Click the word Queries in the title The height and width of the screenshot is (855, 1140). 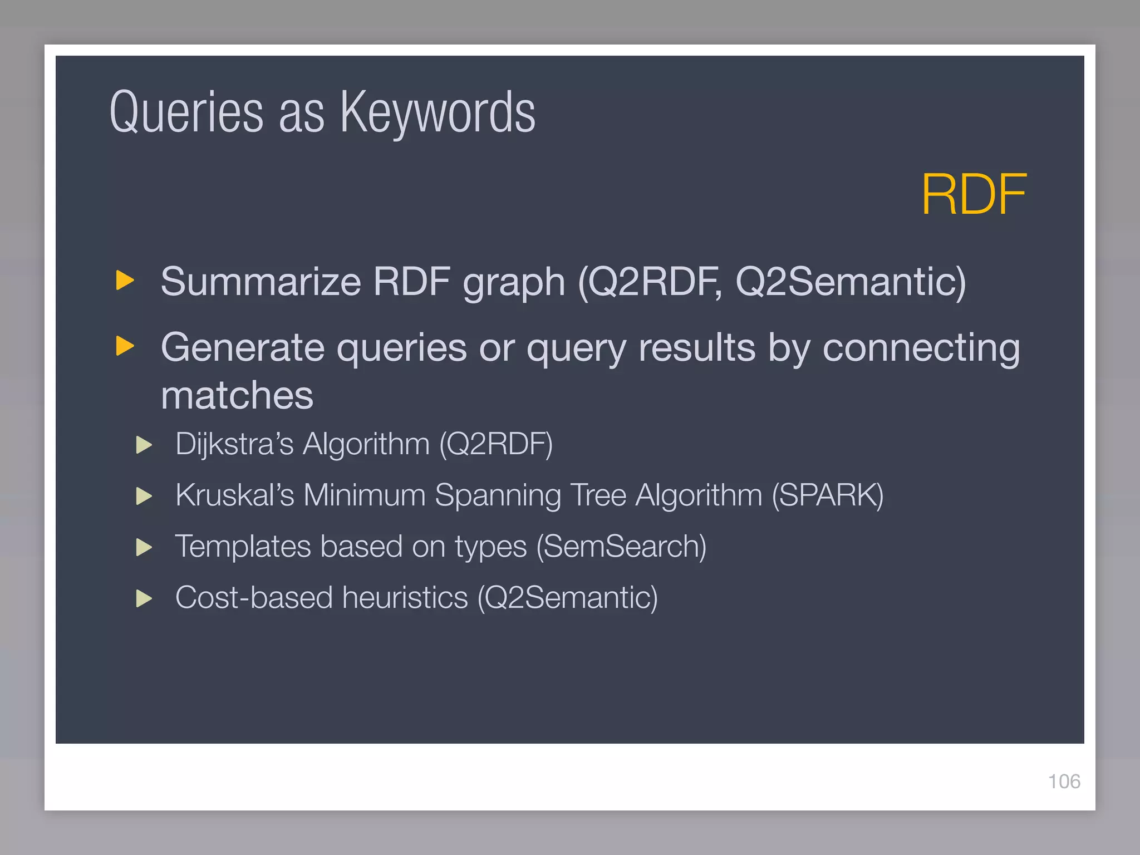point(186,113)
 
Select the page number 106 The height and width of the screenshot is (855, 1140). point(1064,782)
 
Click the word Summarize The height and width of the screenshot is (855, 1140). point(261,282)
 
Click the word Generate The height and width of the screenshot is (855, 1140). point(242,348)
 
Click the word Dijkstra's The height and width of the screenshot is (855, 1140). point(234,444)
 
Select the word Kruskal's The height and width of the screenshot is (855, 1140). point(234,495)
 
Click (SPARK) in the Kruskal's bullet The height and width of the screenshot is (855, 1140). point(827,495)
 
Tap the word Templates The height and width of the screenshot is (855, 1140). point(243,547)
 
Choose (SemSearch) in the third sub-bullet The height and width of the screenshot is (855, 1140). point(621,547)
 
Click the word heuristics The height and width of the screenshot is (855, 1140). point(405,598)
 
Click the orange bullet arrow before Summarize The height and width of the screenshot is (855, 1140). point(125,280)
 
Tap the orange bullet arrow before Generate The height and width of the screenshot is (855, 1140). point(125,346)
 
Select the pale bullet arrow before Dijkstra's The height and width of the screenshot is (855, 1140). point(144,445)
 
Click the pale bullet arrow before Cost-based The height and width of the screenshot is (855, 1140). point(144,598)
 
